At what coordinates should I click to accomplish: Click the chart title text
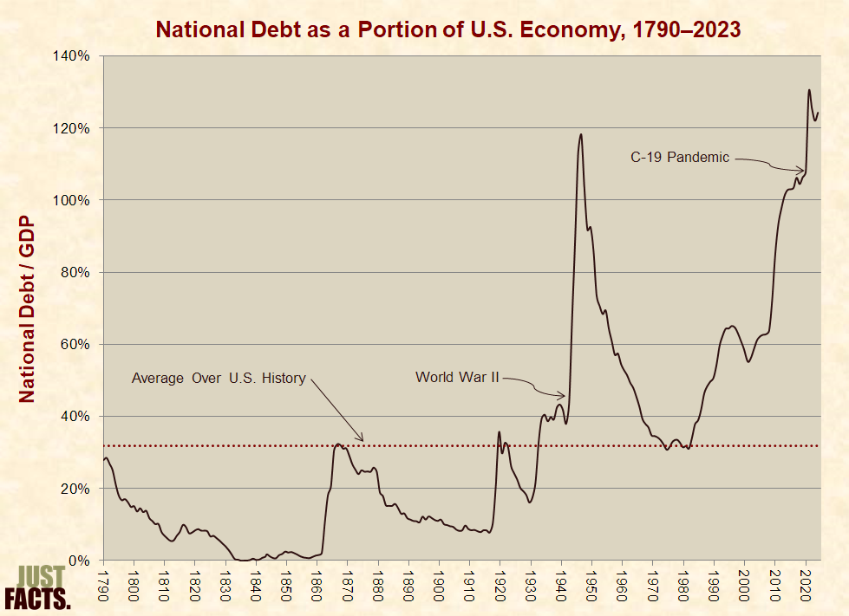(x=447, y=29)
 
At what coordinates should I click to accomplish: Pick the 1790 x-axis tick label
(x=104, y=580)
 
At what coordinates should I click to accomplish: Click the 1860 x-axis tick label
(x=317, y=580)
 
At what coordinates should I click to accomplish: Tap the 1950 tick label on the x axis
(x=591, y=580)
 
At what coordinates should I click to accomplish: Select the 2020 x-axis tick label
(x=805, y=580)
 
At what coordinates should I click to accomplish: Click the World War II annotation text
(x=457, y=377)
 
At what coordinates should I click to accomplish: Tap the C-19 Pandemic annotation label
(x=680, y=158)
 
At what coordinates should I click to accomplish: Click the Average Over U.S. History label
(x=219, y=378)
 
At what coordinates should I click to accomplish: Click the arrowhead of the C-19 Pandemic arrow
(x=803, y=171)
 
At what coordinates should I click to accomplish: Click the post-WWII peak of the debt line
(x=581, y=134)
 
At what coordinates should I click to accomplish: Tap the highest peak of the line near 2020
(x=809, y=90)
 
